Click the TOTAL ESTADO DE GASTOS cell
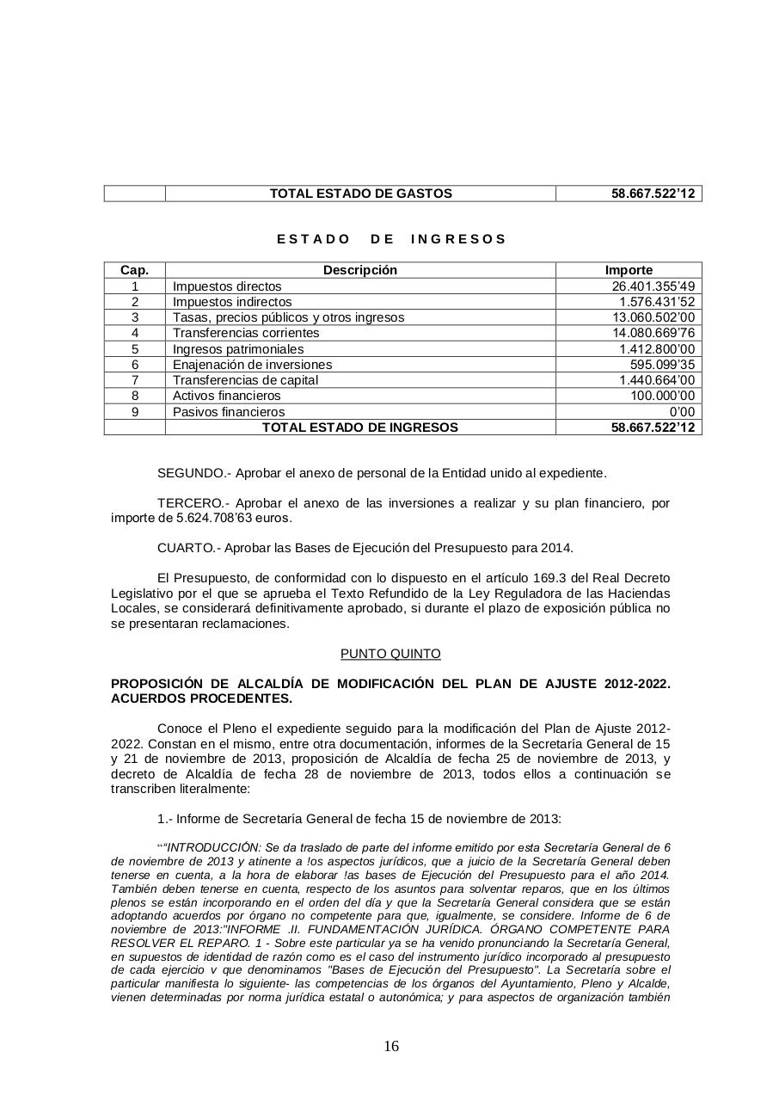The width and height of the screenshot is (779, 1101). (x=360, y=194)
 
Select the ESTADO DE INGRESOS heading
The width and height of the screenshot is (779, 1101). (x=391, y=239)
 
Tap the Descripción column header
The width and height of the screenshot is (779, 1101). (x=360, y=270)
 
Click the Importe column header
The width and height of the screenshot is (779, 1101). (x=629, y=270)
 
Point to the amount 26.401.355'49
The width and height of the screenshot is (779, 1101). (x=653, y=286)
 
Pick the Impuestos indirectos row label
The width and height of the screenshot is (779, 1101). (x=232, y=302)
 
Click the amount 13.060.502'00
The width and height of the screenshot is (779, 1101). (x=653, y=317)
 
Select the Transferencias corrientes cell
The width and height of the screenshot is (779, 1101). (x=246, y=333)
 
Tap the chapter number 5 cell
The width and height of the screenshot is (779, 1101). (x=135, y=349)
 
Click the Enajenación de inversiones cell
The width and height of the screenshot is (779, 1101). (x=252, y=365)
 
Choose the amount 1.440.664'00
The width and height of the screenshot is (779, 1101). (x=657, y=380)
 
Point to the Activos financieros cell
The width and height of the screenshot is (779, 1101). (x=227, y=396)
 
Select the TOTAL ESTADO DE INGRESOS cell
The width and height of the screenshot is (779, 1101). (x=360, y=427)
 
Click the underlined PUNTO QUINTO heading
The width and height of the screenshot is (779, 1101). (x=390, y=654)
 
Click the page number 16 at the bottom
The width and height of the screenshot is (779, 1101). (x=391, y=1047)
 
